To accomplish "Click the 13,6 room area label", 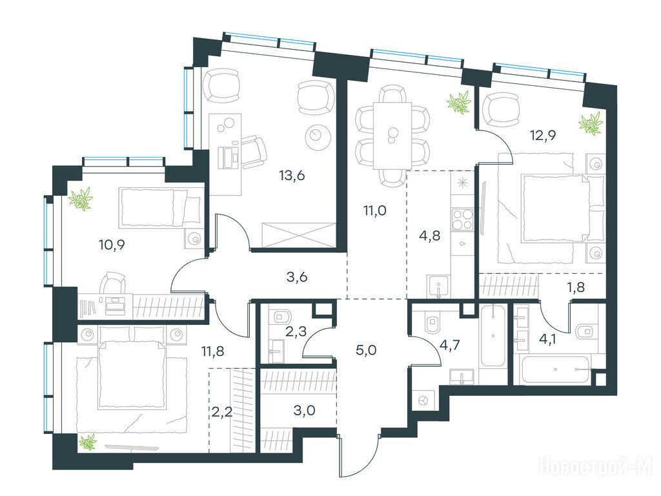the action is tap(292, 175).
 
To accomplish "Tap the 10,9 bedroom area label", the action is tap(112, 244).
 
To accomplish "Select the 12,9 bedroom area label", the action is tap(544, 136).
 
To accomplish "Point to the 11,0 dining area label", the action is tap(375, 210).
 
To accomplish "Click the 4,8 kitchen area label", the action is tap(430, 235).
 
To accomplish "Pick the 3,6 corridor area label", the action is tap(297, 277).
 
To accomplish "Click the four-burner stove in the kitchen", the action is tap(462, 218).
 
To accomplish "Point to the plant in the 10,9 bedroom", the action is tap(81, 200).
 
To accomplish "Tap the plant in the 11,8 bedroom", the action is tap(88, 442).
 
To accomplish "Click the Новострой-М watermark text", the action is tap(596, 467).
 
